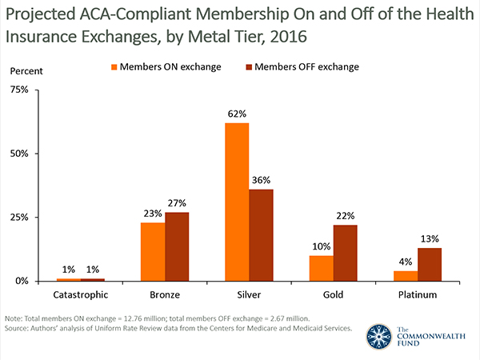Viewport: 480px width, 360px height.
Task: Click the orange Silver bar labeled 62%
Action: point(237,202)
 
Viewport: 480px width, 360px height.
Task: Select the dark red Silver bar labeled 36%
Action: point(261,234)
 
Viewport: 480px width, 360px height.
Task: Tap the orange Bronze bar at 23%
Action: point(153,251)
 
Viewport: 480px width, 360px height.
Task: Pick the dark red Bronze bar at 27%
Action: point(177,246)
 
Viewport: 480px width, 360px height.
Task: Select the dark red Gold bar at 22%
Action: point(345,253)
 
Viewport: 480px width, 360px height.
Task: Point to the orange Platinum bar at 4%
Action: point(405,276)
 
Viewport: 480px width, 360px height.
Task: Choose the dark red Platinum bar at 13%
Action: point(429,264)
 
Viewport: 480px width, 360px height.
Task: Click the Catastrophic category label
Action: point(81,295)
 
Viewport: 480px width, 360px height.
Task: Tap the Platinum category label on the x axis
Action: point(417,295)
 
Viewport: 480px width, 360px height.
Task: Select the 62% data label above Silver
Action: point(237,114)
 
